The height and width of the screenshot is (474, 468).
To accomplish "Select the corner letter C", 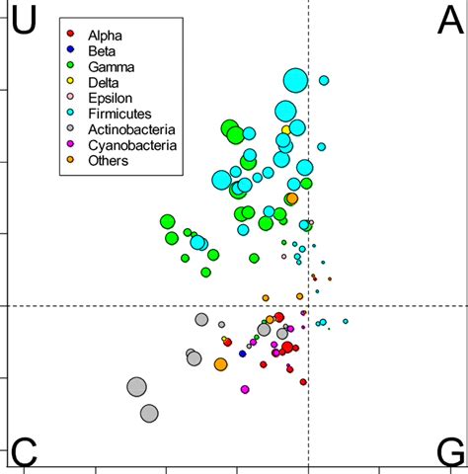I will [24, 451].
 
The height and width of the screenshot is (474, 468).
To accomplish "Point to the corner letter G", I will [447, 451].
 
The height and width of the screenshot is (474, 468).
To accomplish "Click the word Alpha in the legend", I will [106, 34].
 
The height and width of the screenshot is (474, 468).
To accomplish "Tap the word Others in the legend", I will [109, 161].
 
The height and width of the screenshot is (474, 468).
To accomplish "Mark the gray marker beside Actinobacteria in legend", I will [69, 129].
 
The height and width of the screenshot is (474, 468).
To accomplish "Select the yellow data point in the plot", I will [286, 129].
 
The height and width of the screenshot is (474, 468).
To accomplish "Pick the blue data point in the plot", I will [242, 354].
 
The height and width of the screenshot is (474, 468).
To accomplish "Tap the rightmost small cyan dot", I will [346, 321].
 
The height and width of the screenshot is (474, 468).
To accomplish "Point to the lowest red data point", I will [303, 382].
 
